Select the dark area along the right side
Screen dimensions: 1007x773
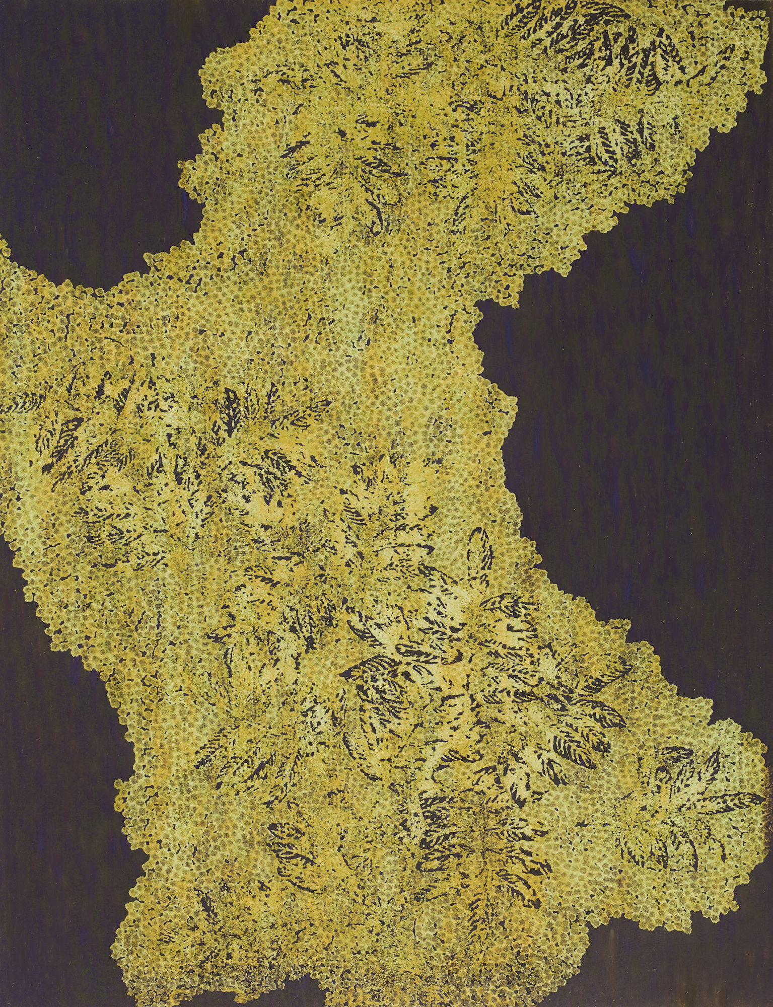click(645, 403)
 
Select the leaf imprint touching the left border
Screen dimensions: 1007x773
click(15, 403)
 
